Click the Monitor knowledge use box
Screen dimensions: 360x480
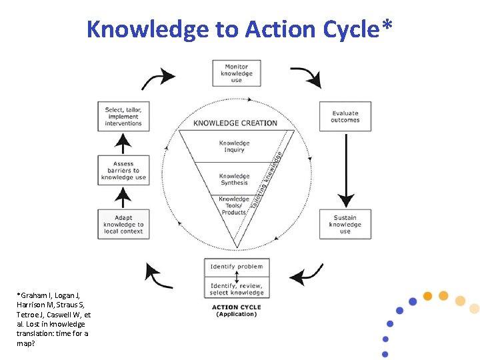pos(237,73)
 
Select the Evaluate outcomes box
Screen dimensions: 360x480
pos(345,117)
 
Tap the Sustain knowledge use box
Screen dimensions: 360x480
pos(345,225)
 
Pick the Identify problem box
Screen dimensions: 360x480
pos(237,267)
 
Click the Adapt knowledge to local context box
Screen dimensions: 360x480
pos(123,225)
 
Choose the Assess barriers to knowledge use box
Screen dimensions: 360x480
pos(123,171)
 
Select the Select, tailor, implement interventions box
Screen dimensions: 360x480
pos(123,117)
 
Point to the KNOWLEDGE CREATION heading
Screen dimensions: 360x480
pos(235,123)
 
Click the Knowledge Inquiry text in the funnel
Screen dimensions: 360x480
pos(234,146)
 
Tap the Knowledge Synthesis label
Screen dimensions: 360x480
pos(234,179)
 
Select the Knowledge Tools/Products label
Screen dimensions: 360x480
pos(234,205)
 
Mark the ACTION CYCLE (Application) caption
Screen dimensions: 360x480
pos(236,311)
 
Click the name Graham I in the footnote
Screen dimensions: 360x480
pos(34,295)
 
